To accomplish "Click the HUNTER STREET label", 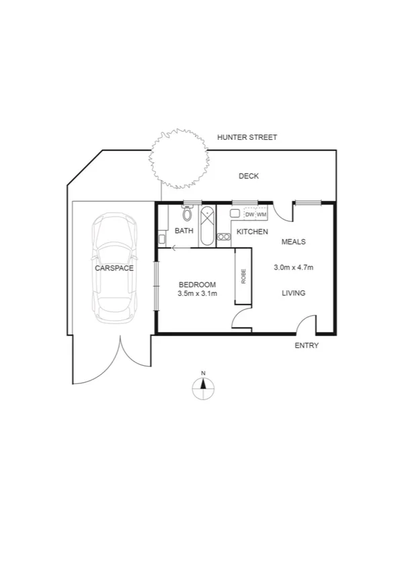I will tap(247, 137).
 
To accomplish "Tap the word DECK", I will tap(249, 176).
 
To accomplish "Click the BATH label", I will tap(184, 231).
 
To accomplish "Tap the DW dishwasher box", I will tap(249, 215).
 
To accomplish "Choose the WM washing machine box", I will tap(261, 215).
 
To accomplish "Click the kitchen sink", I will tap(235, 213).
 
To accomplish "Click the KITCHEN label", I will tap(252, 232).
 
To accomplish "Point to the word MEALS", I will tap(294, 241).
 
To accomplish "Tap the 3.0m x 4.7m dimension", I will tap(294, 268).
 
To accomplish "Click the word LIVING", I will tap(294, 293).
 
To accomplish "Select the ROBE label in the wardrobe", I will tap(243, 276).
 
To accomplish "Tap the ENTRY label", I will tap(307, 346).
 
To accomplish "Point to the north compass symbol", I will tap(203, 388).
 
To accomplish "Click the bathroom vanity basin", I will tap(162, 238).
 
